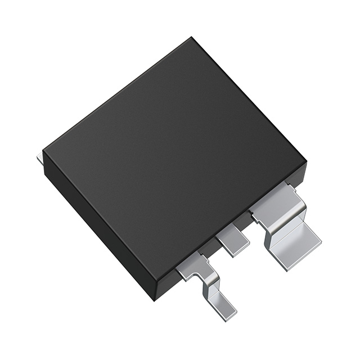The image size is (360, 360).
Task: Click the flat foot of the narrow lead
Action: [x=222, y=307]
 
